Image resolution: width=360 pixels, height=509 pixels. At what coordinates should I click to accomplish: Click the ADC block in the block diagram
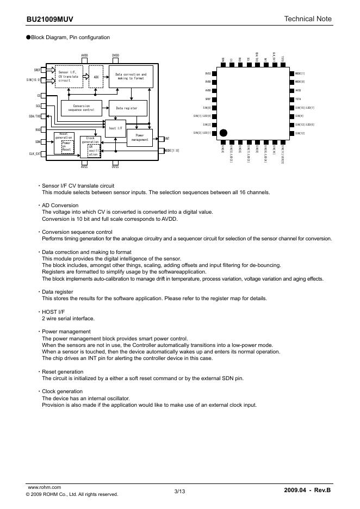click(96, 77)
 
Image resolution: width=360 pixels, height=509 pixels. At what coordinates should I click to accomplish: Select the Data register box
click(127, 108)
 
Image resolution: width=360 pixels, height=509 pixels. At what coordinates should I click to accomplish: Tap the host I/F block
click(115, 128)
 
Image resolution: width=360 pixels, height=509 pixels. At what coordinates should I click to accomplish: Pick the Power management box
click(139, 138)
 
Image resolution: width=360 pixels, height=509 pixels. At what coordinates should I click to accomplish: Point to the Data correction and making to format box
click(131, 77)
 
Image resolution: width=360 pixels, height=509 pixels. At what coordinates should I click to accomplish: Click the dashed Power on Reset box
click(67, 145)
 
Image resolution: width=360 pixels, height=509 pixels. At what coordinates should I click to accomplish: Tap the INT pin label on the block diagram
click(167, 139)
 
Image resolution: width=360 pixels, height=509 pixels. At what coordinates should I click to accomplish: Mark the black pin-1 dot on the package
click(224, 132)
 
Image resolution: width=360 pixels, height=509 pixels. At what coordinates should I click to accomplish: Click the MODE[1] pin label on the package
click(300, 73)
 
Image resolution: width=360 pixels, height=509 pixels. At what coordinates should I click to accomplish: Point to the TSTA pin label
click(298, 99)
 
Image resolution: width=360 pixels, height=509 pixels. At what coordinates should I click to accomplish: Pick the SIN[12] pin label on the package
click(300, 133)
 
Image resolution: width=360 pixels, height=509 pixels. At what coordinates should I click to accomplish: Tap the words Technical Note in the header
click(307, 19)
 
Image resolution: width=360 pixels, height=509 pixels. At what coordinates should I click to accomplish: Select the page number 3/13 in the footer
click(179, 492)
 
